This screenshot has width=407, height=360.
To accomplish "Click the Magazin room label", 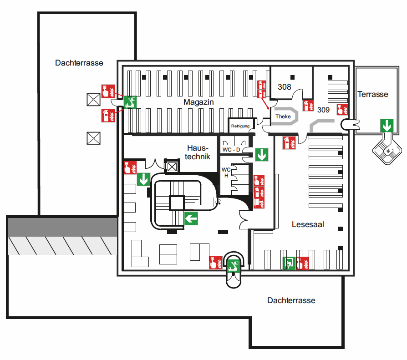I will tap(198, 102).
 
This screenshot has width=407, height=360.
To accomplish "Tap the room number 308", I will tap(285, 86).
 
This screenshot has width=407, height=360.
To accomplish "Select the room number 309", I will tap(323, 110).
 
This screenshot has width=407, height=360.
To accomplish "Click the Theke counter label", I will tap(283, 117).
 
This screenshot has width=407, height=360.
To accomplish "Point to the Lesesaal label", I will tap(308, 224).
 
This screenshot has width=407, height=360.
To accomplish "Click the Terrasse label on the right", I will tap(373, 94).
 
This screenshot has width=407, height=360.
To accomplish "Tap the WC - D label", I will tap(231, 150).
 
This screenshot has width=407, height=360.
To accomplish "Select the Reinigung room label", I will tap(240, 126).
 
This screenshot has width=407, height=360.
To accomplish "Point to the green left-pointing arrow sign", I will tap(191, 218).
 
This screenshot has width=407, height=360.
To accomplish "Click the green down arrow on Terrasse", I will tap(387, 125).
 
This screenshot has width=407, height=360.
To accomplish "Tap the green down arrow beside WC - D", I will tap(262, 155).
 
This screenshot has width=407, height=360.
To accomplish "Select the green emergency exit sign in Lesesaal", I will tap(288, 263).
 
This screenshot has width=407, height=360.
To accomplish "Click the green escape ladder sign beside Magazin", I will tap(130, 102).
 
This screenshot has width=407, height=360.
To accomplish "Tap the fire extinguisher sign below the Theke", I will tap(290, 143).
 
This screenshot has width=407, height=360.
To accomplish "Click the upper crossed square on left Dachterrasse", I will tap(93, 100).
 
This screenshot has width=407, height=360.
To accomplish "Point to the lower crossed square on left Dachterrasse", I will tap(93, 137).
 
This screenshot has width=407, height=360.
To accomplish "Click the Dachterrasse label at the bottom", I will tap(291, 300).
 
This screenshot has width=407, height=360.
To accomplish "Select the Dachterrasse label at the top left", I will tap(79, 63).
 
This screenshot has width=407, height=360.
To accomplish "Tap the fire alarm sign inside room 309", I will tap(342, 109).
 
